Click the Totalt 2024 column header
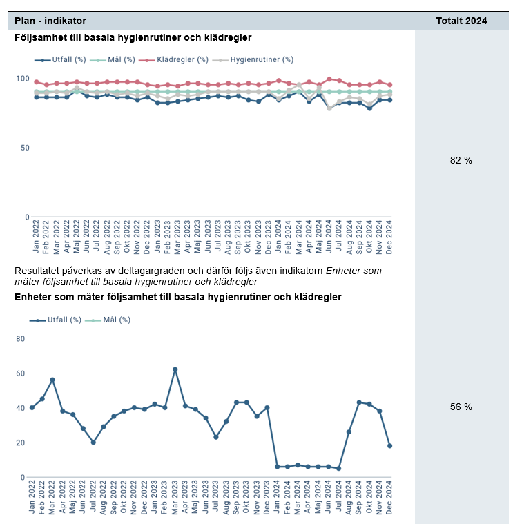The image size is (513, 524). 461,21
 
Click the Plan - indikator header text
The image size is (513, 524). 50,21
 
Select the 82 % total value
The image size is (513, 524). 461,160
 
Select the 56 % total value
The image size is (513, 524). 461,407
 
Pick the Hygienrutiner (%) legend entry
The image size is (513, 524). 258,60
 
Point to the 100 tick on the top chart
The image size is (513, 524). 23,79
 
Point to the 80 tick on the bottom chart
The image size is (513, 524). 21,339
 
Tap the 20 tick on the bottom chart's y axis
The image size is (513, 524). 21,443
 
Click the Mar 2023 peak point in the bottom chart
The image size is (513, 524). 175,369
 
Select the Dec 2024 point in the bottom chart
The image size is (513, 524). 389,446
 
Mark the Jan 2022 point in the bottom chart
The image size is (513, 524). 32,407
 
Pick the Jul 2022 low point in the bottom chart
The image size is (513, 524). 93,443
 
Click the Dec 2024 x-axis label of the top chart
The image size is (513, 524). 389,236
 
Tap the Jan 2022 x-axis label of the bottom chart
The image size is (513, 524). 32,496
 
